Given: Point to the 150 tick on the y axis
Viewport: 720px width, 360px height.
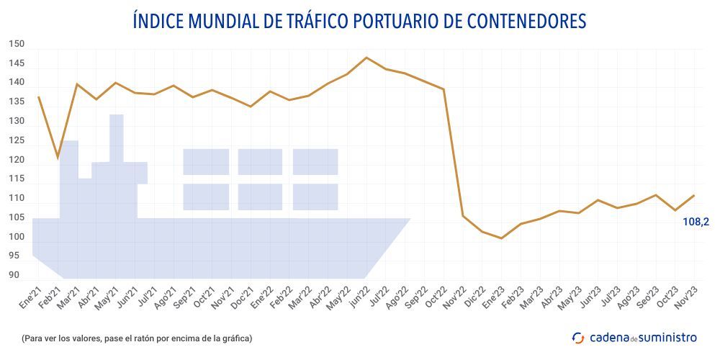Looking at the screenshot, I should click(x=17, y=44).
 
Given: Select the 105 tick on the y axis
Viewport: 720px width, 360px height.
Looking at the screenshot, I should click(x=17, y=217).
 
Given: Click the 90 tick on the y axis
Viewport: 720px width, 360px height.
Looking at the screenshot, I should click(x=14, y=275).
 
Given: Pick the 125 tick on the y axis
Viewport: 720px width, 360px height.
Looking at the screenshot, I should click(x=17, y=140).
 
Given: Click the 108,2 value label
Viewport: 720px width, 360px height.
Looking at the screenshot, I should click(x=696, y=222).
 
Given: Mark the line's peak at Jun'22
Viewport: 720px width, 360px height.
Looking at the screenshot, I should click(x=367, y=58).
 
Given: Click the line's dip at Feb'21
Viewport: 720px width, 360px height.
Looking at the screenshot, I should click(x=58, y=158).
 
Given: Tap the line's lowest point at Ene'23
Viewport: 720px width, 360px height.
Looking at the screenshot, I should click(x=501, y=238).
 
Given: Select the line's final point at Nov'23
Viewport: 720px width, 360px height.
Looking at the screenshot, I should click(x=694, y=195).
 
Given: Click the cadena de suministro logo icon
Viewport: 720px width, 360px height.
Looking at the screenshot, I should click(x=578, y=337).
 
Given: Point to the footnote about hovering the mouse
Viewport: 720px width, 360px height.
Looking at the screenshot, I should click(x=137, y=338).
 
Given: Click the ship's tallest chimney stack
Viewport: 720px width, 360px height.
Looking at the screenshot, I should click(x=116, y=137).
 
